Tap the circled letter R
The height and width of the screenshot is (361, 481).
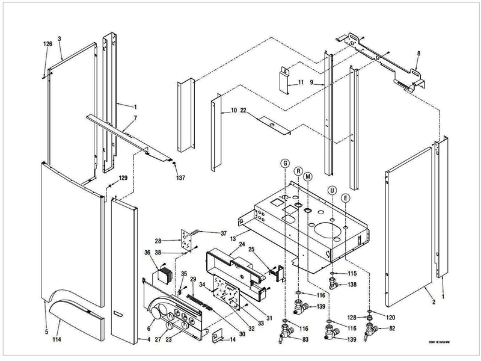[298, 171]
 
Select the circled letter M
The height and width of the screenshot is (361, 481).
[308, 176]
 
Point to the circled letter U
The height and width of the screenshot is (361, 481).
[331, 190]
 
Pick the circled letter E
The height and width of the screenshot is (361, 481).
[345, 197]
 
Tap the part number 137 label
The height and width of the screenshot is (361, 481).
[180, 178]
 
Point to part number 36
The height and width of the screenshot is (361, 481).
[147, 253]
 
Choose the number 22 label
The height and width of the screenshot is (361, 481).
[244, 111]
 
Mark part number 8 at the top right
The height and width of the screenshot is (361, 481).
[418, 54]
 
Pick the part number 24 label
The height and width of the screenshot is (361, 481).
[242, 244]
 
